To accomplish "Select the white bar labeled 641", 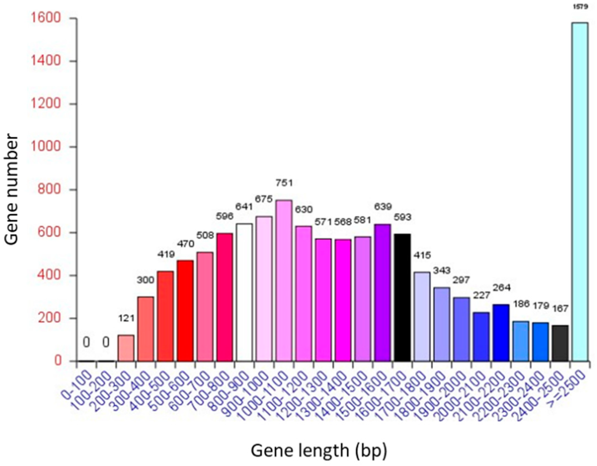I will (x=244, y=292).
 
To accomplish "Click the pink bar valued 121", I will (x=126, y=348).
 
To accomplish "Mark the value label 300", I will (x=145, y=280).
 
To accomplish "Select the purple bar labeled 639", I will (x=383, y=292).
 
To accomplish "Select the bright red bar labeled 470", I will (x=185, y=311).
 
